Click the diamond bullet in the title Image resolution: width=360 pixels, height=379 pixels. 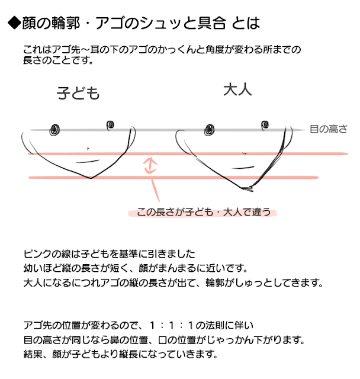point(13,24)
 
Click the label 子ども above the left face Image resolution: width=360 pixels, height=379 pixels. point(78,93)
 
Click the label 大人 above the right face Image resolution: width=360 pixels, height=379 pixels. point(238,90)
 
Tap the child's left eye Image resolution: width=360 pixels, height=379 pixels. point(56,128)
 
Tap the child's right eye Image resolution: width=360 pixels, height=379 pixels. point(110,124)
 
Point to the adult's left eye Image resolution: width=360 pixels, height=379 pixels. point(209,129)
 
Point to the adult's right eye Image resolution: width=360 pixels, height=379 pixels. point(265,124)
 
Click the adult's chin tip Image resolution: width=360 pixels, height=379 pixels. point(245,188)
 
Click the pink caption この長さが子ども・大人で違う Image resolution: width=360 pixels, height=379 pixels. point(203,212)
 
